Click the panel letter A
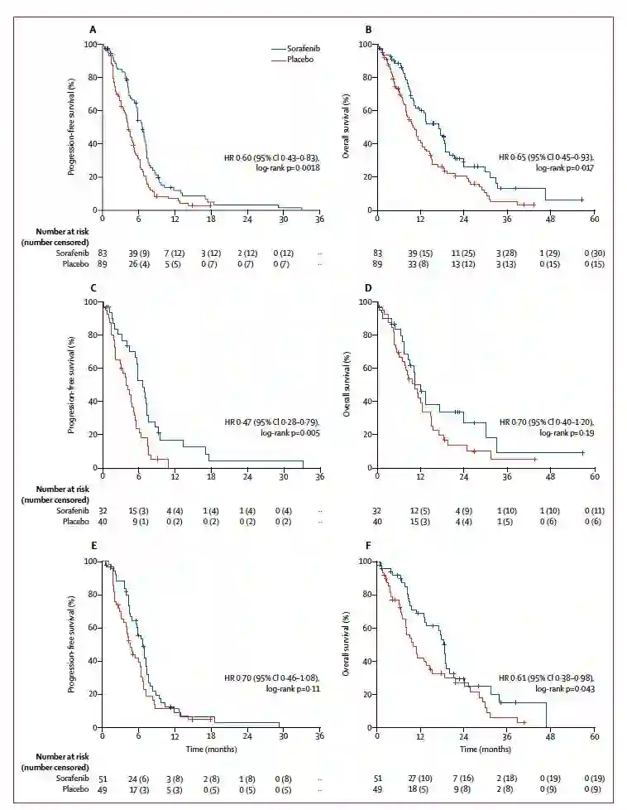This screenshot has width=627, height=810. pos(93,30)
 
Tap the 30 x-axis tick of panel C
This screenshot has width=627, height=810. pos(283,478)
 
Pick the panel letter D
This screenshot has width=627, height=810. pos(369,287)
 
